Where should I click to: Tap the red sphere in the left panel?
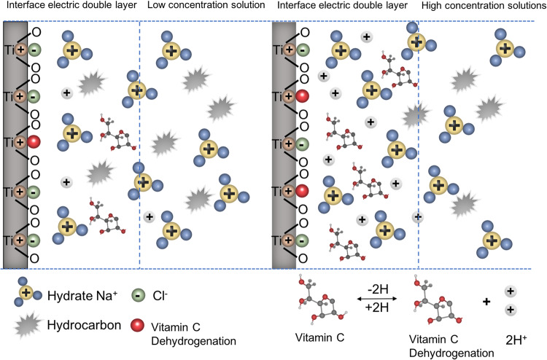click(x=34, y=141)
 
